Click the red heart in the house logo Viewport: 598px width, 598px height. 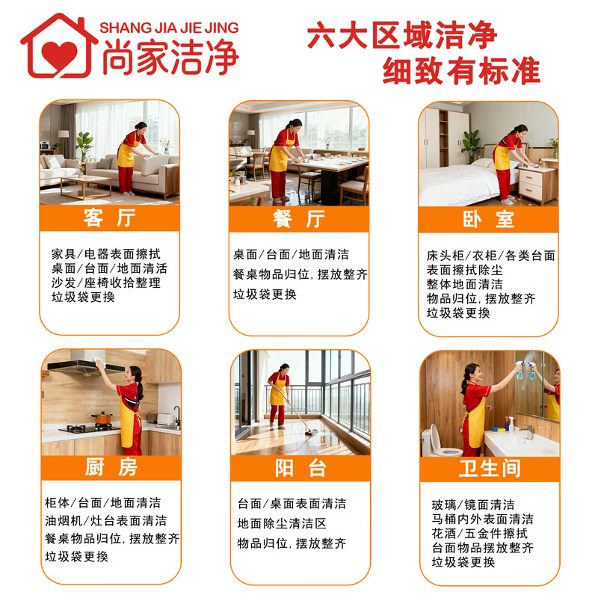(59, 53)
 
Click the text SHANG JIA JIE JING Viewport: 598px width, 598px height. (169, 28)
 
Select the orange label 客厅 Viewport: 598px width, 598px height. (109, 218)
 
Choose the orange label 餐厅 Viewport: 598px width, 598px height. (298, 218)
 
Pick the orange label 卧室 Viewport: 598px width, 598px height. (488, 219)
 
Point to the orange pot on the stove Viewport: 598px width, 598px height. (102, 419)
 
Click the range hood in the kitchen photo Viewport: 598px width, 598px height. (75, 367)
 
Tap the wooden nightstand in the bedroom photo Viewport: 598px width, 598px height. (537, 185)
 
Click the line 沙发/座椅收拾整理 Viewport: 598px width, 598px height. (105, 283)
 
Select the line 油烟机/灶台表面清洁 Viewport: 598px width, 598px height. (105, 520)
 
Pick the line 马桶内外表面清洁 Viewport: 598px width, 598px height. (482, 519)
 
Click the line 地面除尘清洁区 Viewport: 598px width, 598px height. (282, 523)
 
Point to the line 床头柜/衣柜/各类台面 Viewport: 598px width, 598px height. (490, 256)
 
